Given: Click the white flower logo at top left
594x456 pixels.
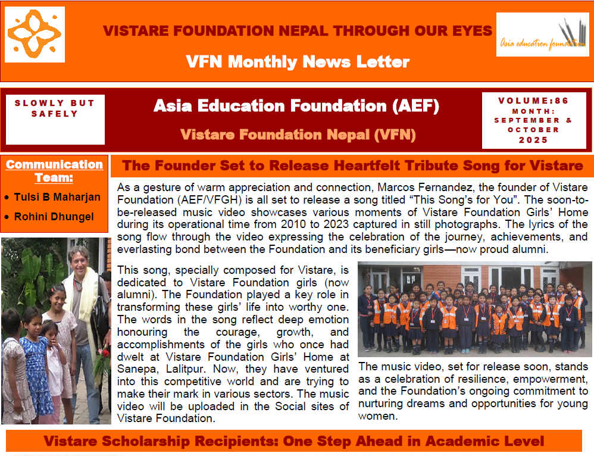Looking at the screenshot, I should point(35,35).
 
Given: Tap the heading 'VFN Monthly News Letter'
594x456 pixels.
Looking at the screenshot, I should point(297,61).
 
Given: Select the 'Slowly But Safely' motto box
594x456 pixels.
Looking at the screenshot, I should point(55,108).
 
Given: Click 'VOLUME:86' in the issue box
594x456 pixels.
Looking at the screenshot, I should point(533,101).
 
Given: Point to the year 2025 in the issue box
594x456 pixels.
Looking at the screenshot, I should point(533,140).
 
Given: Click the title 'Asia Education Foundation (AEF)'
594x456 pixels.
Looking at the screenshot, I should point(296,106).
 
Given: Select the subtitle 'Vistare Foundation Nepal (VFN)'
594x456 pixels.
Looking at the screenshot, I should point(297,135).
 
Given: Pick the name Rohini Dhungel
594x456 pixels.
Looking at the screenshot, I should point(53,216).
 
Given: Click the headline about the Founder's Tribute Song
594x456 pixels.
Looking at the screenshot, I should point(352,165).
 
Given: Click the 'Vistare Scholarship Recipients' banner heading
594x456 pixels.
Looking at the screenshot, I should point(293,441).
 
